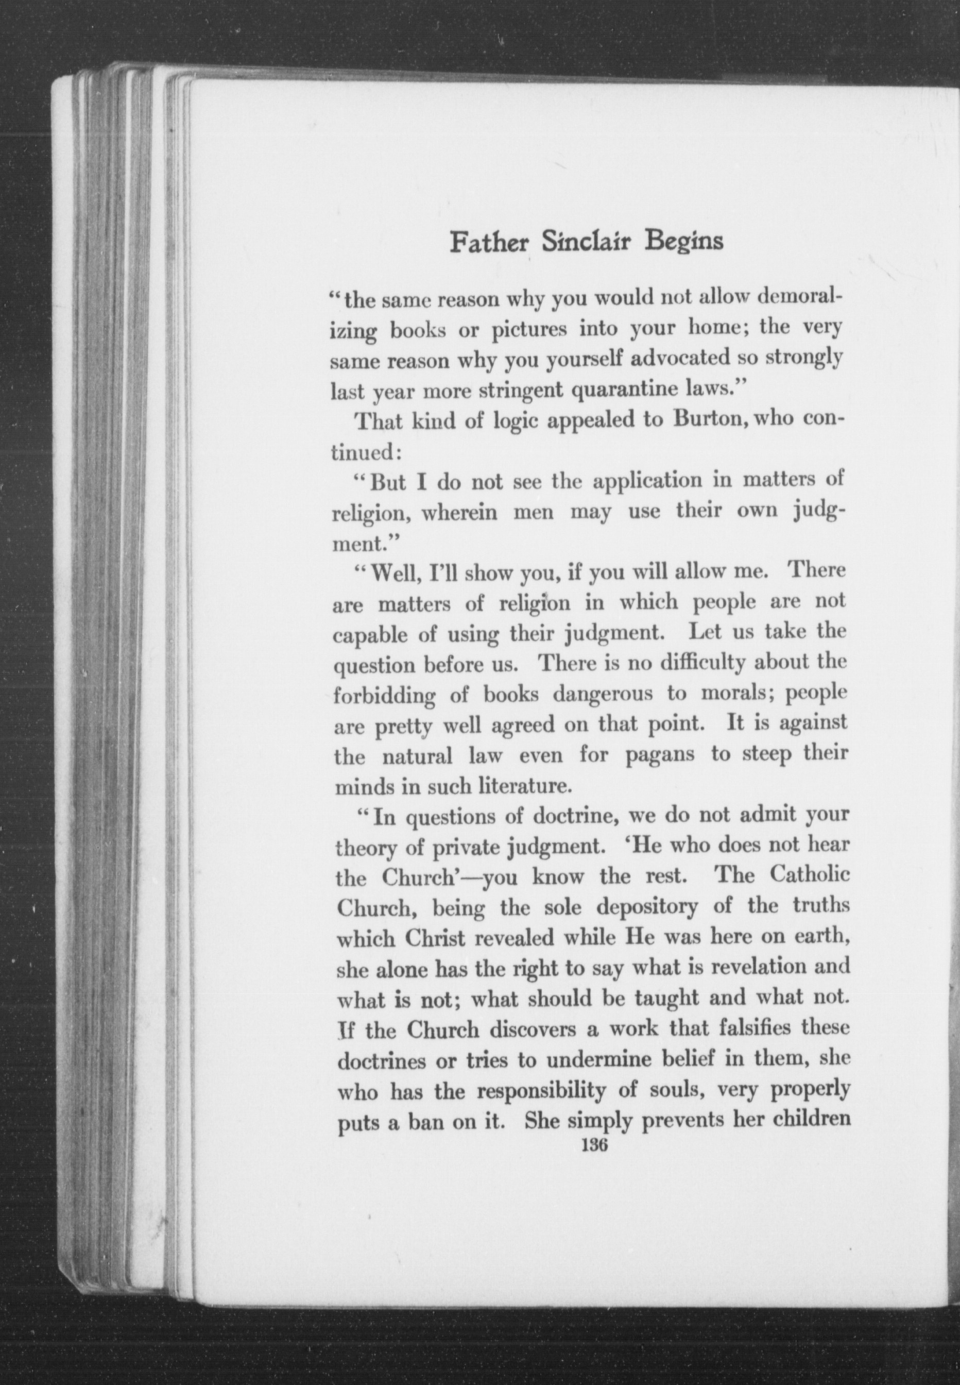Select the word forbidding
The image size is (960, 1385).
[x=385, y=696]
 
